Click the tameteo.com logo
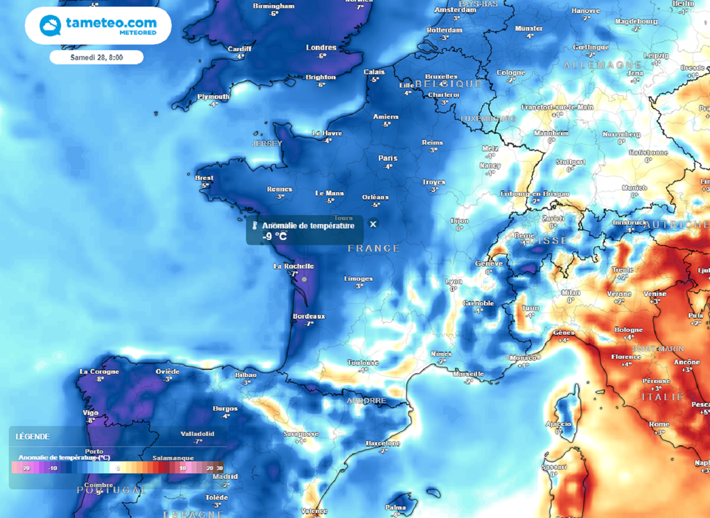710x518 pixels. point(98,26)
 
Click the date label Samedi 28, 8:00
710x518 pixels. point(96,58)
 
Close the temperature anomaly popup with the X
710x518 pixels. point(373,224)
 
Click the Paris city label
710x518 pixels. point(388,158)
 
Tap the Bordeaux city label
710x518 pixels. point(309,316)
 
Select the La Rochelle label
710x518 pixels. point(294,266)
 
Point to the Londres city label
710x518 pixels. point(321,48)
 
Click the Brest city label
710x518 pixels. point(204,178)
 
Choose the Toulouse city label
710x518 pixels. point(363,362)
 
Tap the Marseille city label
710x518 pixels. point(468,374)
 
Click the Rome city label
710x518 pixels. point(659,424)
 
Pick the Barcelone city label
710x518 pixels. point(383,442)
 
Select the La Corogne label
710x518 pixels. point(100,371)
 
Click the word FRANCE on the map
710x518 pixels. point(374,248)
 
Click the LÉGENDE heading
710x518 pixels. point(33,436)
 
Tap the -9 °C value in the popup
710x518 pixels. point(275,236)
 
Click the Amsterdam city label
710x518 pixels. point(456,10)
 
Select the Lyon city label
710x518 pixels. point(453,281)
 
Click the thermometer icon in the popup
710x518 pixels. point(255,226)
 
